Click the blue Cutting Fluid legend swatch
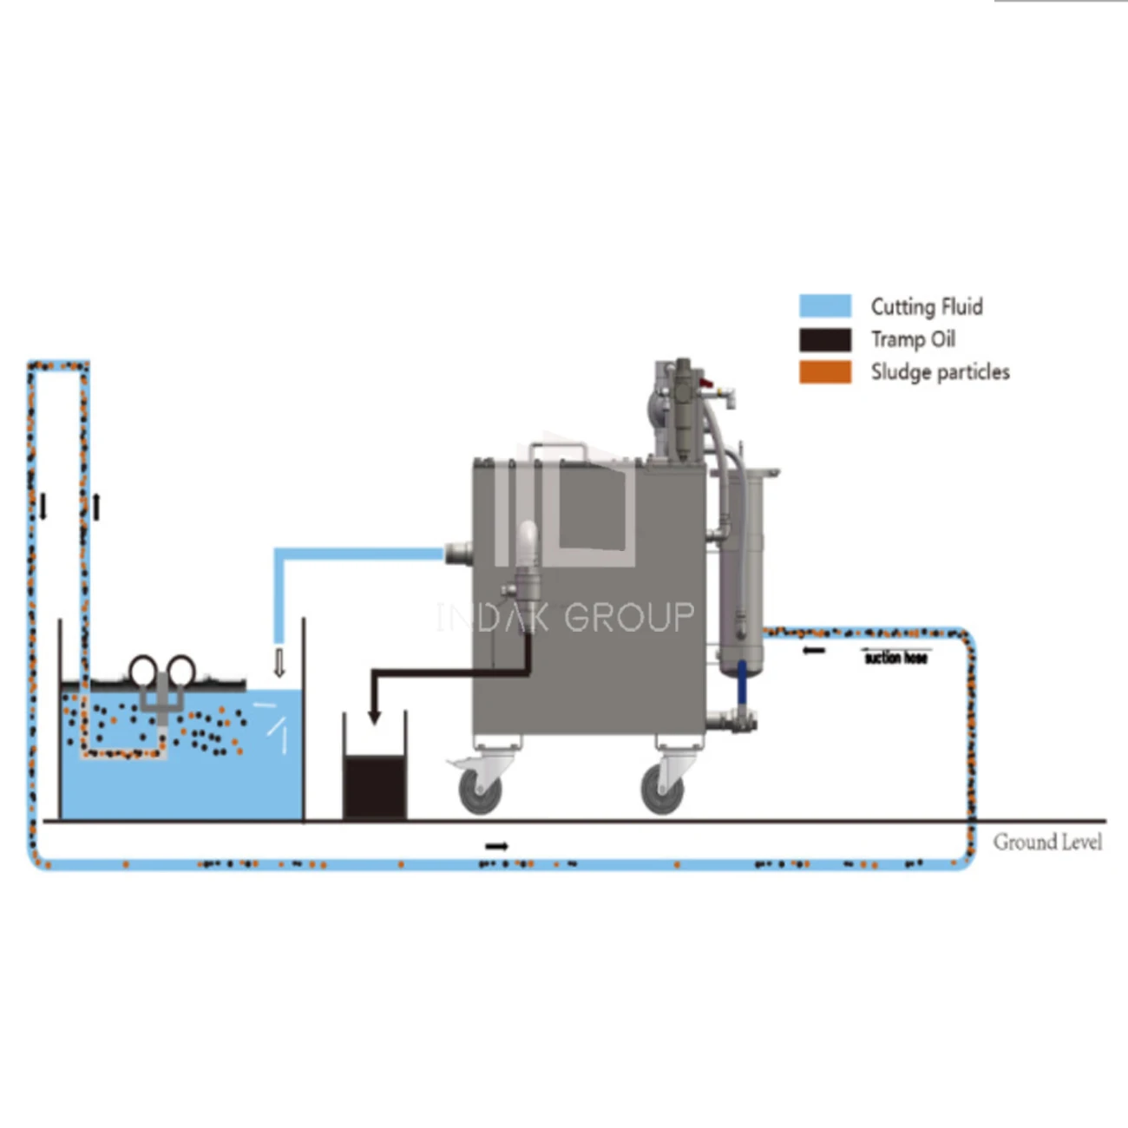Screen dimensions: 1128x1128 click(x=824, y=306)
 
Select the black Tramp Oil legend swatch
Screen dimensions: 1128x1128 click(x=824, y=339)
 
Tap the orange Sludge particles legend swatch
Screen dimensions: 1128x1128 click(x=824, y=372)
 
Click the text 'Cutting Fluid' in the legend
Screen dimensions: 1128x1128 click(x=926, y=307)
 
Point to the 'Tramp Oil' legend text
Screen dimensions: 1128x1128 click(x=913, y=339)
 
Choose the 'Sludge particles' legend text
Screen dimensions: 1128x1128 click(x=940, y=372)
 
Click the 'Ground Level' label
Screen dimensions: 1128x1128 click(x=1047, y=842)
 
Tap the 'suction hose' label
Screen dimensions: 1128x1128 click(x=895, y=659)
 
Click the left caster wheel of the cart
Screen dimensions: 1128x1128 click(x=480, y=790)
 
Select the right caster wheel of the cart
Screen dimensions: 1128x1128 click(x=662, y=790)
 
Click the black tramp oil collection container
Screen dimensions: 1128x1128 click(x=374, y=785)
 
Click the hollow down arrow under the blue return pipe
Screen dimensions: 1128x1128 click(x=279, y=663)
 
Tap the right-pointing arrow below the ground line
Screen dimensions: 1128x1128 click(x=496, y=846)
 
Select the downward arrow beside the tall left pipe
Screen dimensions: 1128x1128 click(x=43, y=507)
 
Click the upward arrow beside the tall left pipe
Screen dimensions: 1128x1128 click(x=96, y=507)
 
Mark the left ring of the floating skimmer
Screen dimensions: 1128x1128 click(x=143, y=670)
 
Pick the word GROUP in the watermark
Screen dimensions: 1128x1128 click(x=629, y=618)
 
